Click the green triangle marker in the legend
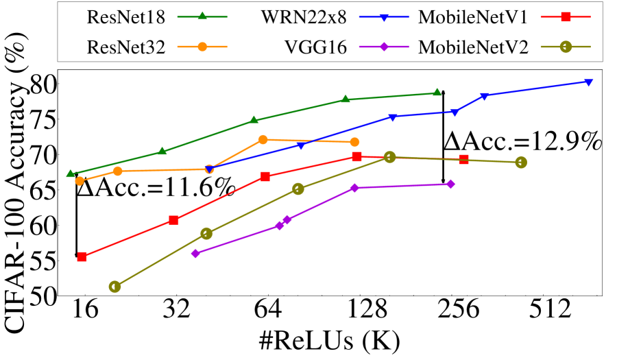tap(202, 16)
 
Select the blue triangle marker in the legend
tap(384, 17)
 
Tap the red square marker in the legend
tap(566, 16)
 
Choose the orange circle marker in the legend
tap(202, 47)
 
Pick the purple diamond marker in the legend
tap(384, 47)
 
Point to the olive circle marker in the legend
tap(566, 47)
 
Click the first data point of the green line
tap(71, 173)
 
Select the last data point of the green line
tap(437, 92)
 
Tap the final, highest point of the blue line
tap(588, 82)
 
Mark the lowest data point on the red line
tap(82, 256)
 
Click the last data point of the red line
tap(463, 160)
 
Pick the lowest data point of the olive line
tap(114, 287)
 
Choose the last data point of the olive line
tap(521, 163)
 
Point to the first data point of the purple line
tap(195, 253)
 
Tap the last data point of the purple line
tap(450, 184)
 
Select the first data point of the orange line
tap(80, 181)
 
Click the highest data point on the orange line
tap(263, 139)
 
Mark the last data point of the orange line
tap(354, 142)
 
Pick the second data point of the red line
tap(174, 220)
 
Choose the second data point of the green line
tap(162, 151)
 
